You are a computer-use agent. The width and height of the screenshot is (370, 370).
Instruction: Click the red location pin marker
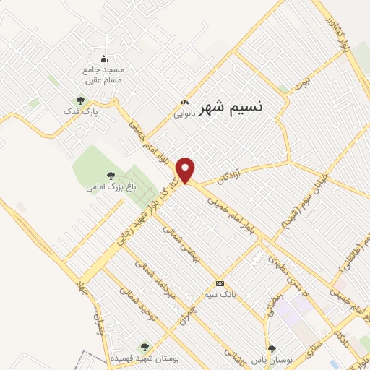click(186, 169)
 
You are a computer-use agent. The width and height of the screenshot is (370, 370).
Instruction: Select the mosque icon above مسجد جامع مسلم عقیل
click(103, 59)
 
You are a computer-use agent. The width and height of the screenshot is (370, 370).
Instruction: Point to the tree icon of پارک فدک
click(79, 100)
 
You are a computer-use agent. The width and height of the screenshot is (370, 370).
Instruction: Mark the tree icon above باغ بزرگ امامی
click(110, 174)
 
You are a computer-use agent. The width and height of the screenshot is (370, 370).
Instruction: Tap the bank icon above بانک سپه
click(220, 283)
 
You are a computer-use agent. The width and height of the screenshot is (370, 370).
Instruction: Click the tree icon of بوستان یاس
click(271, 348)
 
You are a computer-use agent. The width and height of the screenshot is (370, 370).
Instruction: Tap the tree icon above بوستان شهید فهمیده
click(144, 347)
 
